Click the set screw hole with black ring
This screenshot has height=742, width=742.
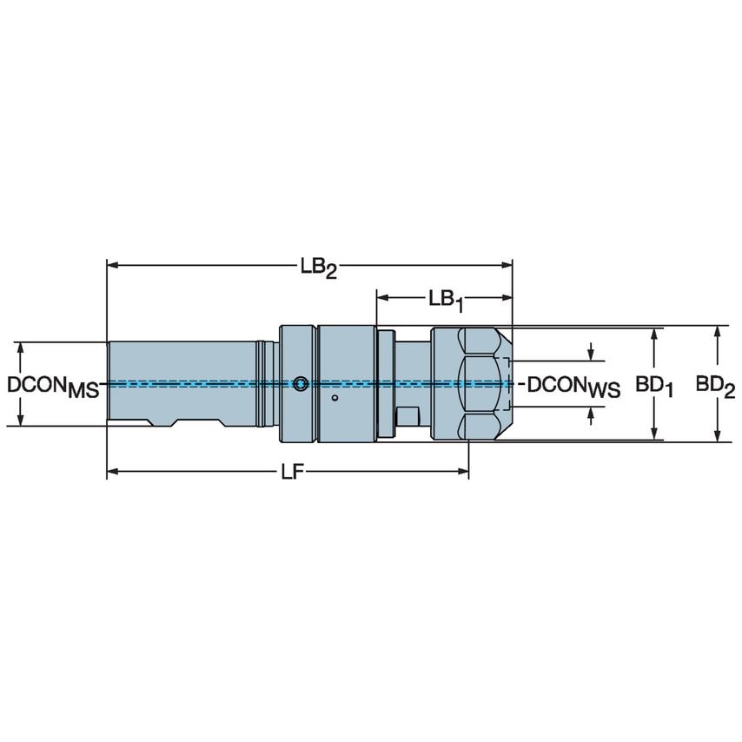(x=300, y=384)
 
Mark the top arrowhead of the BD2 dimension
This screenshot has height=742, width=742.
(x=716, y=332)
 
